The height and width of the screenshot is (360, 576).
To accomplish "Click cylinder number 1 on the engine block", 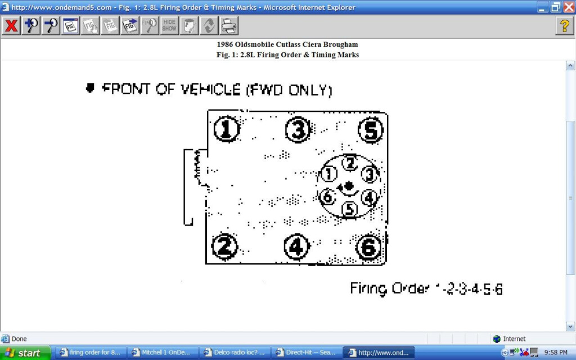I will [x=226, y=130].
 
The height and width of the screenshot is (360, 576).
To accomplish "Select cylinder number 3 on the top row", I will [x=298, y=130].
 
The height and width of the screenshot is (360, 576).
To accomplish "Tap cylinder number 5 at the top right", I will [x=371, y=130].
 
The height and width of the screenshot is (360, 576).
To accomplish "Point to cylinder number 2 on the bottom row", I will [x=224, y=246].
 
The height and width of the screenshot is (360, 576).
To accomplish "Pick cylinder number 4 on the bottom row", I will [x=296, y=246].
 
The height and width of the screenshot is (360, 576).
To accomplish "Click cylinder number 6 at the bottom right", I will [x=368, y=247].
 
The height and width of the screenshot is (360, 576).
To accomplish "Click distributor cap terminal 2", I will [x=350, y=163].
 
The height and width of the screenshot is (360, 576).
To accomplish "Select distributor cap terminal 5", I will [x=350, y=209].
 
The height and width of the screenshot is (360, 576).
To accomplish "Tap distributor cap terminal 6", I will [x=327, y=197].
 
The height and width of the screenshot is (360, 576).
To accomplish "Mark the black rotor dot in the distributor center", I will [x=349, y=186].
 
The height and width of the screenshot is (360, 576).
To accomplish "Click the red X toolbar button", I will [x=11, y=26].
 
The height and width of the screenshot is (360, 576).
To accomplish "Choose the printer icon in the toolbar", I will [x=228, y=26].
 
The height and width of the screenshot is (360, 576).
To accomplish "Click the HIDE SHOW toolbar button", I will [x=169, y=26].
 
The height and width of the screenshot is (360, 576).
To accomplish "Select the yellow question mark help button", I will [x=564, y=26].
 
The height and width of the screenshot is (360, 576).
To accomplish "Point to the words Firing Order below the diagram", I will [x=389, y=289].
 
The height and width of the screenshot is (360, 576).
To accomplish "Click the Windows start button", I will [x=25, y=353].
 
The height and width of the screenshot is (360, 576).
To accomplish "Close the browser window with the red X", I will [x=568, y=7].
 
